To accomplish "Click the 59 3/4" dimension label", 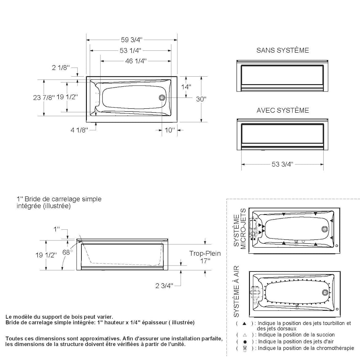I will click(132, 40).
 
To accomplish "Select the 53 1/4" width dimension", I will click(130, 50).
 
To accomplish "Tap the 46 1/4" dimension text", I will click(136, 61).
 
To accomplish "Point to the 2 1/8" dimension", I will click(61, 67).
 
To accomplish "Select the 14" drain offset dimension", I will click(186, 87).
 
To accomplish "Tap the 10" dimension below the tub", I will click(169, 130).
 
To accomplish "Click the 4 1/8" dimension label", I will click(79, 130).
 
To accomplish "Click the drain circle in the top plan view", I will click(162, 98).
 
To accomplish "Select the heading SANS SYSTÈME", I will click(283, 50).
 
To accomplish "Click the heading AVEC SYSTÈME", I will click(283, 110).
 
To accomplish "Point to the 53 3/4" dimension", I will click(283, 164).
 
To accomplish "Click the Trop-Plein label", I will click(205, 253).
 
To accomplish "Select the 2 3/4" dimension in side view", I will click(164, 285).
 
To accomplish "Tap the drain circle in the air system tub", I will click(325, 292).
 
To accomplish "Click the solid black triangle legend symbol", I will click(244, 323).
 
